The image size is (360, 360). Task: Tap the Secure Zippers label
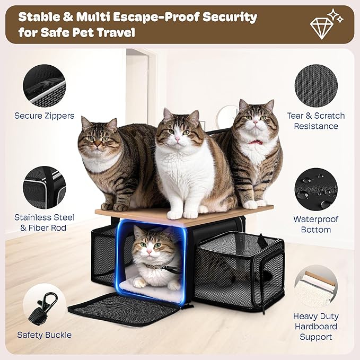click(x=45, y=116)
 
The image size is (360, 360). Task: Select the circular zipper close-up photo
click(x=44, y=85)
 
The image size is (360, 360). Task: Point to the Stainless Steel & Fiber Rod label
click(x=45, y=223)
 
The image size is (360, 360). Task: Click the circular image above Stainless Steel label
click(x=45, y=188)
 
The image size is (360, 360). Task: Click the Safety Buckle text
click(x=45, y=335)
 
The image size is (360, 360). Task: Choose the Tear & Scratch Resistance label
click(x=316, y=121)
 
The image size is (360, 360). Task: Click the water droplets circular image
click(x=315, y=189)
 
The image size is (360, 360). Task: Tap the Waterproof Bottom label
click(x=316, y=224)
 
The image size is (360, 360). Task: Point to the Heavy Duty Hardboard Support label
click(x=316, y=327)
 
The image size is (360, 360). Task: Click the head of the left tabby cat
click(x=99, y=134)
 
